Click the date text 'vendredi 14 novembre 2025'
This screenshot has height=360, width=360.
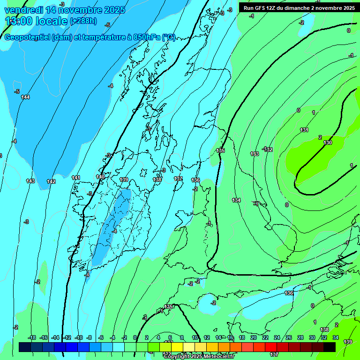[65, 10]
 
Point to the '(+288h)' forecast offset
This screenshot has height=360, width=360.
[83, 21]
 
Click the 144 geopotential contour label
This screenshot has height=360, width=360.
[25, 97]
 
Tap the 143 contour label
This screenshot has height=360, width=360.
[30, 181]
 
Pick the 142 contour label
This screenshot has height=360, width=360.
[51, 181]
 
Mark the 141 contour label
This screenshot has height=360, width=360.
[76, 178]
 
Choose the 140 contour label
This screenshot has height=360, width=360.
[100, 177]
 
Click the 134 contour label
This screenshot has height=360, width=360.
[236, 200]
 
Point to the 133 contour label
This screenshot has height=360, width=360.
[255, 154]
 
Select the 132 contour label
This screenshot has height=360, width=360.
[268, 150]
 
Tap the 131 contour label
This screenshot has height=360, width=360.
[304, 130]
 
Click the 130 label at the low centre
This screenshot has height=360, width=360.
[328, 142]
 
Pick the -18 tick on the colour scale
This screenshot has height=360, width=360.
[32, 337]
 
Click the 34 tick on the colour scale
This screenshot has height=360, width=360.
[336, 337]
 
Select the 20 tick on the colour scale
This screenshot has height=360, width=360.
[253, 337]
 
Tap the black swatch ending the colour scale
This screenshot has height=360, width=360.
[330, 347]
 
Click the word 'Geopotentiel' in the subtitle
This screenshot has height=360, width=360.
[27, 37]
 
